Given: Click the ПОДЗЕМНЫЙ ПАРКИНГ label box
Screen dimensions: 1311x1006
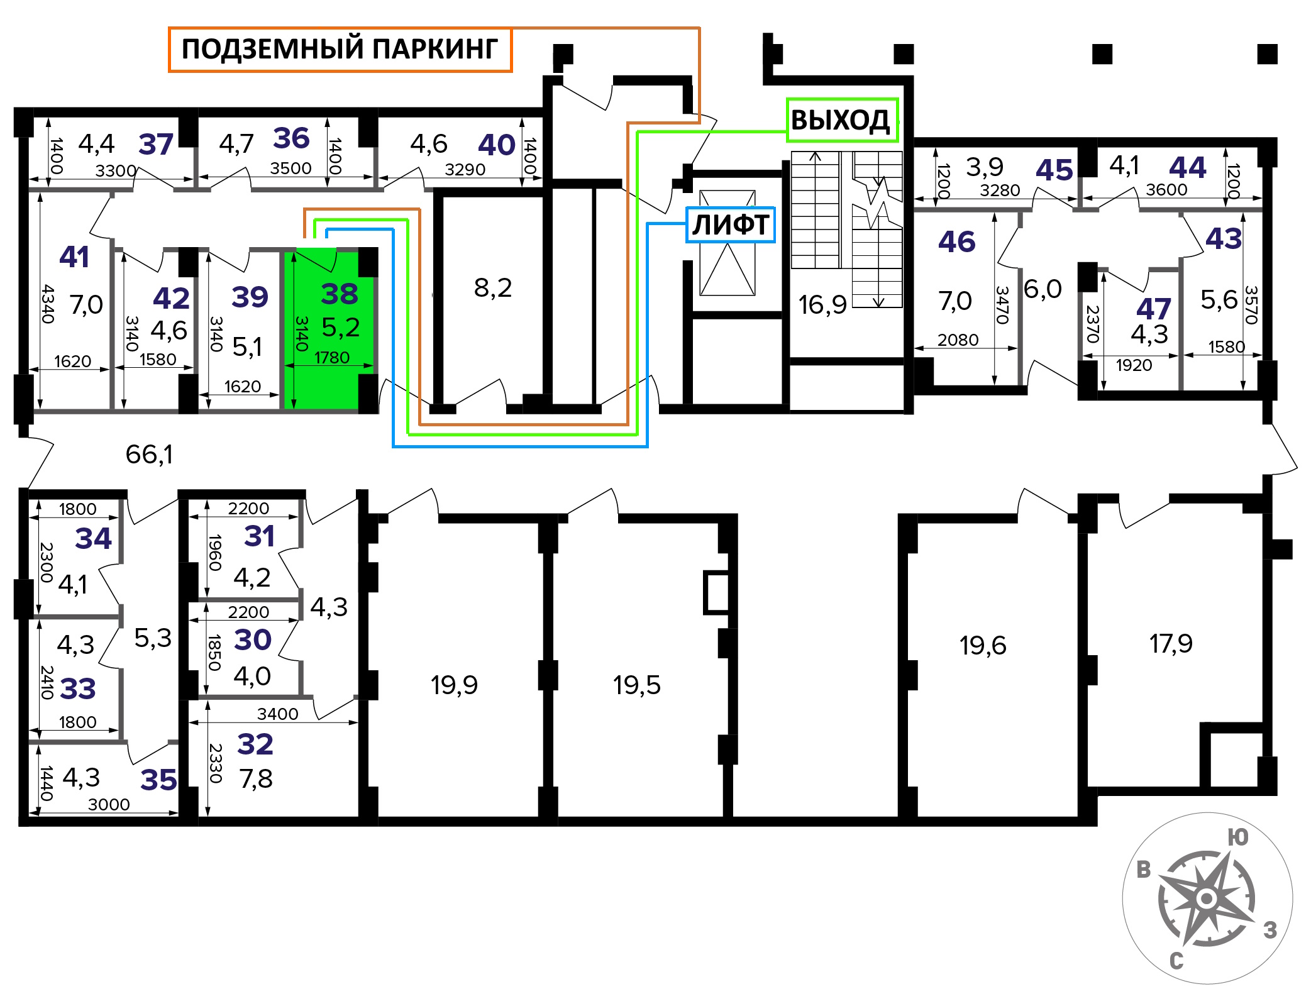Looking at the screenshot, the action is [340, 49].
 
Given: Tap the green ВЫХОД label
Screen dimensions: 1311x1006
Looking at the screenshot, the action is [842, 120].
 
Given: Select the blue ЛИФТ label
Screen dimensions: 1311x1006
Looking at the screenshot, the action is [731, 224].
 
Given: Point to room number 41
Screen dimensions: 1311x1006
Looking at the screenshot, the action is [74, 257].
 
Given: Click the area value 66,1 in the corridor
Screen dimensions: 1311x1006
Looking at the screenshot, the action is [149, 454].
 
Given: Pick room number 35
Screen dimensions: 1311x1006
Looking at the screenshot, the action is [158, 780].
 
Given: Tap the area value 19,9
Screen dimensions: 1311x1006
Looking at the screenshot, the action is [454, 685].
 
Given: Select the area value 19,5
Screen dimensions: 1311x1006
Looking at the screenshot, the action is [637, 685].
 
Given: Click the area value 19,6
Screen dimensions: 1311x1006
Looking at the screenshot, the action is [983, 645].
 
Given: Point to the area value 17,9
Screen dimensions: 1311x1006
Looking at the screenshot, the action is [1171, 643].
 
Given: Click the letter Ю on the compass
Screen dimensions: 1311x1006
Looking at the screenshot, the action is [1238, 837].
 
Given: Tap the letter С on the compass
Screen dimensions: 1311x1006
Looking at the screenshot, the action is [1176, 961].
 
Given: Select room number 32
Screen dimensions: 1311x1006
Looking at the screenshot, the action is [255, 744].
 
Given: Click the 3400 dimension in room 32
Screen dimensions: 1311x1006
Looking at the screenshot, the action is [277, 714].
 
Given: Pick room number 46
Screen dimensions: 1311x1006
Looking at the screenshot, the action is [957, 241].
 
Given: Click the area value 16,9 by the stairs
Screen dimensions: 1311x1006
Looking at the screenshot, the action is [822, 305].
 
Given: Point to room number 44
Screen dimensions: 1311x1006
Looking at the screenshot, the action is [1188, 167].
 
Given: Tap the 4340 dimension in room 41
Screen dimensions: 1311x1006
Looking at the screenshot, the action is [48, 304].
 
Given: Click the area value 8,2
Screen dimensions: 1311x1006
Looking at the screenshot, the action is [493, 287].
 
